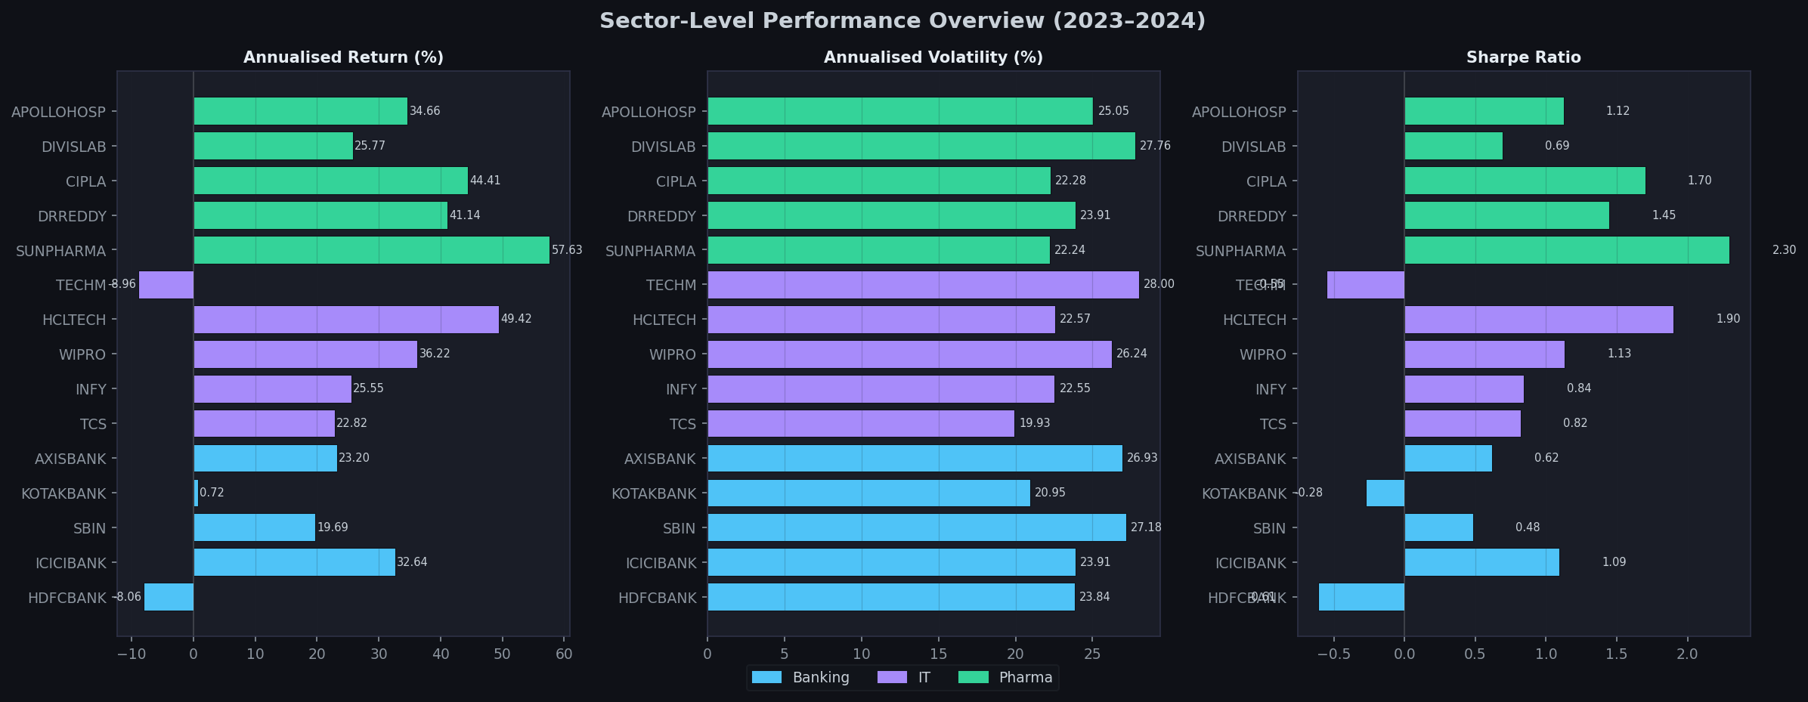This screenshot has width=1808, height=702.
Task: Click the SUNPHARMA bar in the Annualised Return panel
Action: pos(371,250)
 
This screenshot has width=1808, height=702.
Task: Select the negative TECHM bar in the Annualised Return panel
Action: pos(166,285)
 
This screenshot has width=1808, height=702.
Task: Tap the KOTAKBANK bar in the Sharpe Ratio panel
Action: pos(1385,493)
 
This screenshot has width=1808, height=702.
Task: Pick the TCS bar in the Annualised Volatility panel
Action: pos(861,424)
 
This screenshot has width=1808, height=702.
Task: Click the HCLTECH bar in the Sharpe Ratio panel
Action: pos(1538,320)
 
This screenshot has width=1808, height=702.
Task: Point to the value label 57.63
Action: pos(567,250)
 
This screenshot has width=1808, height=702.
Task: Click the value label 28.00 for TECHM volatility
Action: pos(1159,284)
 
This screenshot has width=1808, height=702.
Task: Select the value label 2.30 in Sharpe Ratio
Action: pos(1784,250)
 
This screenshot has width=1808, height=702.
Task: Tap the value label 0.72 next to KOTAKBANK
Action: pos(212,493)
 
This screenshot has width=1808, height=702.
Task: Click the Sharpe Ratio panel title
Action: pos(1523,57)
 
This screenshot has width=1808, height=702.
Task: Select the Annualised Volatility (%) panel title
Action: pos(933,57)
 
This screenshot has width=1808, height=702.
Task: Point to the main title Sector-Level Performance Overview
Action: pos(902,20)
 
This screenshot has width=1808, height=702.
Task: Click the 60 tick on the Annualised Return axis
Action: pos(564,654)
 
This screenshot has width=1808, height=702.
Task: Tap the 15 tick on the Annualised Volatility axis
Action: pos(938,654)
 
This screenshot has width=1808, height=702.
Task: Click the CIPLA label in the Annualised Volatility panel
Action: pos(676,181)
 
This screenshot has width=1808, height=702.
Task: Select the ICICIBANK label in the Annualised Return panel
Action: pos(71,563)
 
